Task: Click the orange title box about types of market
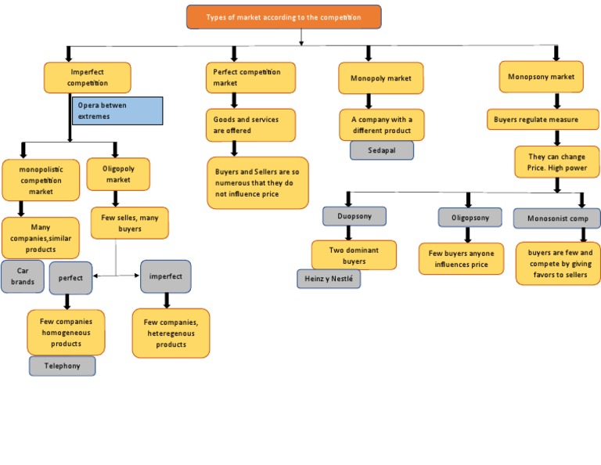point(283,17)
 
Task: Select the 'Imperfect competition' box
point(87,77)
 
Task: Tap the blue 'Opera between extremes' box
point(117,110)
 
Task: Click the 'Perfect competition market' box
point(250,77)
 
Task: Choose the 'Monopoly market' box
point(380,78)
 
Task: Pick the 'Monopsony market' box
point(541,77)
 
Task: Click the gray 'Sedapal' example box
point(381,150)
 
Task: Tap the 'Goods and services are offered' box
point(250,125)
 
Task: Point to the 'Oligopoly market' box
point(118,174)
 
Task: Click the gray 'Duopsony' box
point(354,216)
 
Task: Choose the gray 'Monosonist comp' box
point(556,218)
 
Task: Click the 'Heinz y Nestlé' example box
point(329,279)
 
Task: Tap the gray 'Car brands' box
point(22,276)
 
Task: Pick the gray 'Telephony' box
point(62,366)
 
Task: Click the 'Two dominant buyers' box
point(354,255)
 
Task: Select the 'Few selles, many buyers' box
point(129,223)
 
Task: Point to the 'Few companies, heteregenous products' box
point(171,333)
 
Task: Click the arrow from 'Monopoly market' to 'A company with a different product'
point(381,101)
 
